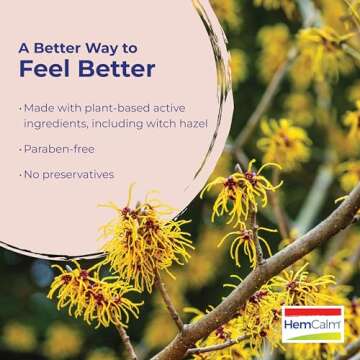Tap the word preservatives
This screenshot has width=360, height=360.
click(x=79, y=174)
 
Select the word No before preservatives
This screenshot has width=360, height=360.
click(x=33, y=174)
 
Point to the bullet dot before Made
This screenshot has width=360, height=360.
click(x=20, y=107)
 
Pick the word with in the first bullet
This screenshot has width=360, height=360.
click(x=72, y=107)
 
